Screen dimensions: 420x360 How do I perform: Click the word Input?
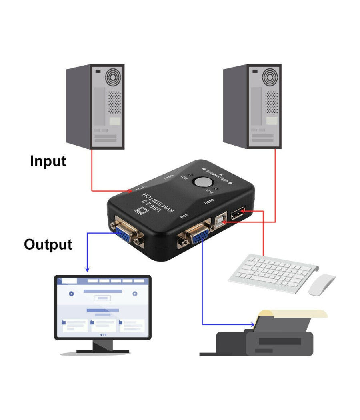pyautogui.click(x=48, y=161)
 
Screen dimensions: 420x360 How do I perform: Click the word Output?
pyautogui.click(x=48, y=244)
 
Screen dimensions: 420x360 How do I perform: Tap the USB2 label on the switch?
pyautogui.click(x=210, y=199)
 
